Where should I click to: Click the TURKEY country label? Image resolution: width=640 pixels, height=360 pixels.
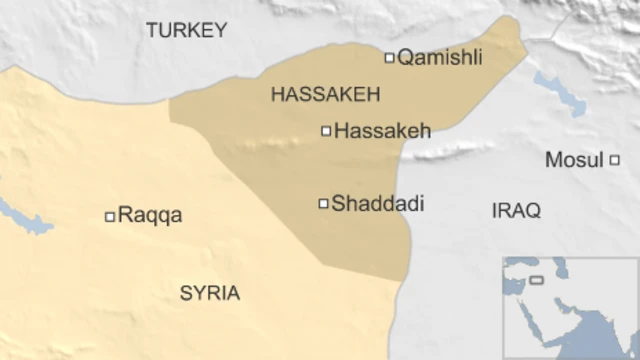tap(186, 31)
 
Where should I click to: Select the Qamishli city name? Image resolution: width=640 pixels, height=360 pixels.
tap(440, 58)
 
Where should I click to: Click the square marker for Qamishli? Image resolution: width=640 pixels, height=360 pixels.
tap(389, 58)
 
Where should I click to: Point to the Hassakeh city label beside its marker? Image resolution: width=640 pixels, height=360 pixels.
tap(382, 130)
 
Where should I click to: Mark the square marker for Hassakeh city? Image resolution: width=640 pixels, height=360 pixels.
tap(326, 130)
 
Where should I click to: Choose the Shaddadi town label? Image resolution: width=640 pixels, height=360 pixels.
tap(378, 203)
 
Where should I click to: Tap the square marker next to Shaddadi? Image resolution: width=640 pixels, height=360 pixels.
tap(323, 203)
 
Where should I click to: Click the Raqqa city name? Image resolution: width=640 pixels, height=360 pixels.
tap(150, 215)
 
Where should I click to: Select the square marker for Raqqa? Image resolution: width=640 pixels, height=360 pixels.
tap(110, 216)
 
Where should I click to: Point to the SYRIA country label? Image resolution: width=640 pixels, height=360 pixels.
tap(210, 293)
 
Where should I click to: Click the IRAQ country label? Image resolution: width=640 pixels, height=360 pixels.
tap(516, 211)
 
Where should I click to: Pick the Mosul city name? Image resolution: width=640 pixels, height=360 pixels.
tap(574, 160)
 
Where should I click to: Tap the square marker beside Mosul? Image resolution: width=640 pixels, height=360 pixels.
tap(614, 160)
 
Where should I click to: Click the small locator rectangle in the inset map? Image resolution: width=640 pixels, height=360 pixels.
tap(537, 279)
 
